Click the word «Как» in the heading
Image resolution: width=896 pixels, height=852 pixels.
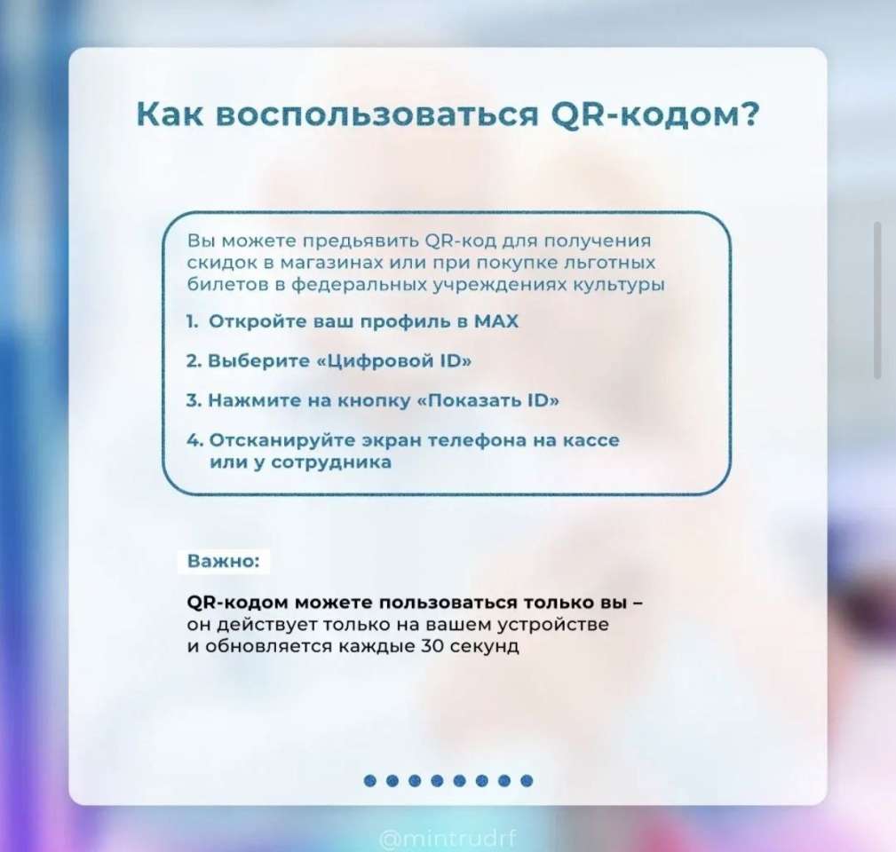pyautogui.click(x=170, y=114)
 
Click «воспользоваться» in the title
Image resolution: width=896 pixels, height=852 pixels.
pyautogui.click(x=378, y=114)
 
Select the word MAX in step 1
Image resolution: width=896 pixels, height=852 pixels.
pyautogui.click(x=496, y=321)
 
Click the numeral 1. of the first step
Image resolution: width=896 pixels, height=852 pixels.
pyautogui.click(x=192, y=321)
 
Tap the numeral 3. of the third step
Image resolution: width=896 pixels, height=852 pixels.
pyautogui.click(x=194, y=400)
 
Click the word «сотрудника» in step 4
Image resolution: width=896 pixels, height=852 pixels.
pyautogui.click(x=331, y=462)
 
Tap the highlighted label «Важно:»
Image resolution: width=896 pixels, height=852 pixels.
pyautogui.click(x=224, y=561)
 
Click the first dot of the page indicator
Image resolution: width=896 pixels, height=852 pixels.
pyautogui.click(x=369, y=781)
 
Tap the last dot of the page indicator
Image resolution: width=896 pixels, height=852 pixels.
pyautogui.click(x=527, y=781)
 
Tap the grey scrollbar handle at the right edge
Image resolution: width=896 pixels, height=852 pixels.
pyautogui.click(x=877, y=300)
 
